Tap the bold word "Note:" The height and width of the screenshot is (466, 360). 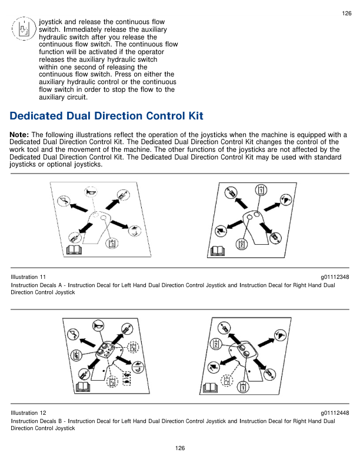click(x=20, y=135)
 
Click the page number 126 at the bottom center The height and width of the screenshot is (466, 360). click(x=180, y=448)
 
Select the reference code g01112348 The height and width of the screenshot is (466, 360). click(x=335, y=277)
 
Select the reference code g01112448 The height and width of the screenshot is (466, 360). click(x=335, y=413)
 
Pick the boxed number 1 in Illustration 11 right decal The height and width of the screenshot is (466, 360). click(x=261, y=190)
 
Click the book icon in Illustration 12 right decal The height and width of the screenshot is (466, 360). click(x=209, y=387)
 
